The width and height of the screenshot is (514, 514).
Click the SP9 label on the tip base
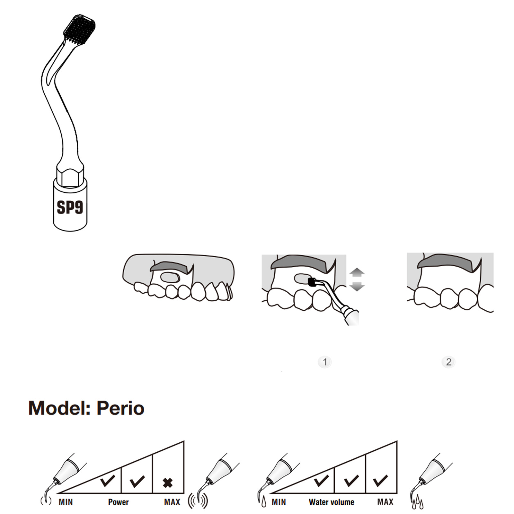[70, 207]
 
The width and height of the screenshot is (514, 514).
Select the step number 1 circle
[325, 362]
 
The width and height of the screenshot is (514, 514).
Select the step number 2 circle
[449, 362]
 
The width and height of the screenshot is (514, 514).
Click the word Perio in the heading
[120, 408]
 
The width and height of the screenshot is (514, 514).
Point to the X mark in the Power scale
[168, 483]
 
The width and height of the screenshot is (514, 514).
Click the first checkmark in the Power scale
[107, 480]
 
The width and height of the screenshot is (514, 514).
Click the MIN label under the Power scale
[66, 502]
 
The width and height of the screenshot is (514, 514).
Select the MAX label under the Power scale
[172, 502]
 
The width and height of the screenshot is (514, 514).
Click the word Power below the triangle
[118, 502]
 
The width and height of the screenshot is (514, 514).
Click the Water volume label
[332, 502]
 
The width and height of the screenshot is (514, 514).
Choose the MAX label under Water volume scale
[385, 502]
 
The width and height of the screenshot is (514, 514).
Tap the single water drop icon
[264, 502]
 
